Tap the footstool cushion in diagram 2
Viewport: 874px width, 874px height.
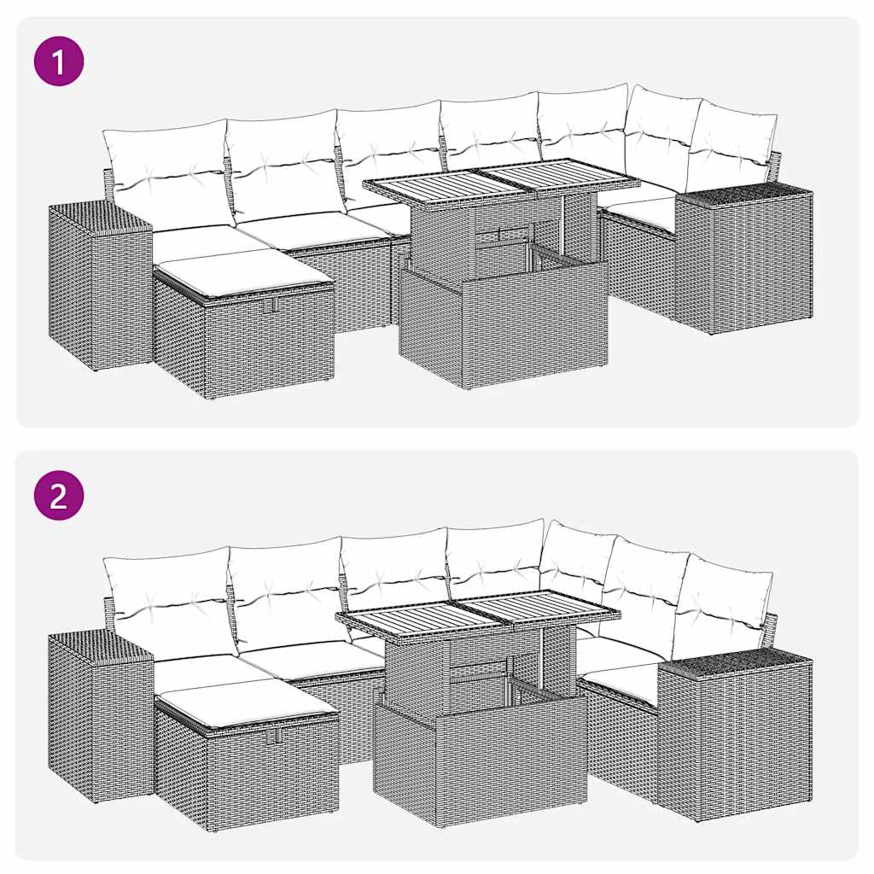(248, 704)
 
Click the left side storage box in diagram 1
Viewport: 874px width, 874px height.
(98, 286)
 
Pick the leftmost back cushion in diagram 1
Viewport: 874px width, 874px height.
(166, 175)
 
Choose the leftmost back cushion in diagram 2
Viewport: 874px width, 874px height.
(169, 602)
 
